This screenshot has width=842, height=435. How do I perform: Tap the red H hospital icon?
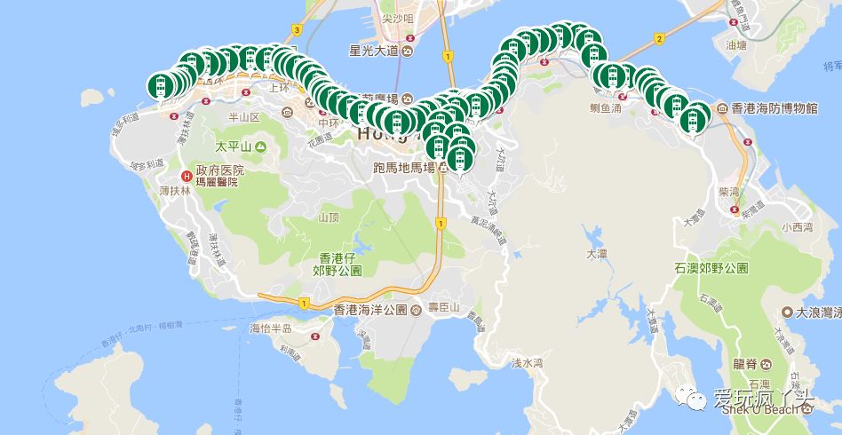[x=187, y=176]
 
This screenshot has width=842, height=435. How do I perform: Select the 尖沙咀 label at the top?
[x=374, y=19]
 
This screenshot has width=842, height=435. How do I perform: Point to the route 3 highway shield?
[x=297, y=29]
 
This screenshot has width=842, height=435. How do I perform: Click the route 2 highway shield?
[x=658, y=38]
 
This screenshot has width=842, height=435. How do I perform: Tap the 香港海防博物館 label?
[x=774, y=107]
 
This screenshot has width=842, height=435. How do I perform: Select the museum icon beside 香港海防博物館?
[x=721, y=107]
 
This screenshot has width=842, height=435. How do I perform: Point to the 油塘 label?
[x=735, y=44]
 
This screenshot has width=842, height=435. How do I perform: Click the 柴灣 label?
[x=729, y=190]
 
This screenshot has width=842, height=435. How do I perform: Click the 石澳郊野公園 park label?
[x=711, y=267]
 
